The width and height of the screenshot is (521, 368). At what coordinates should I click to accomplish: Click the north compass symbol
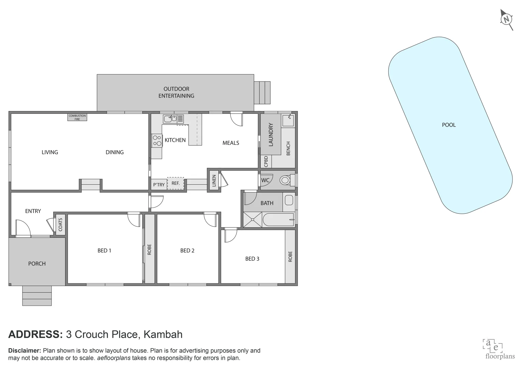pyautogui.click(x=507, y=19)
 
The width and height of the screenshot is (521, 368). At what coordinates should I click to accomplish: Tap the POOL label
pyautogui.click(x=449, y=125)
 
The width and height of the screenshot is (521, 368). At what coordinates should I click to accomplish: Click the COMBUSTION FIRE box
pyautogui.click(x=77, y=117)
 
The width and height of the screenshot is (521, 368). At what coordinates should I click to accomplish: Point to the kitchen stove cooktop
pyautogui.click(x=157, y=141)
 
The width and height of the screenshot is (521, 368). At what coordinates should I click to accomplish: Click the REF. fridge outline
pyautogui.click(x=175, y=183)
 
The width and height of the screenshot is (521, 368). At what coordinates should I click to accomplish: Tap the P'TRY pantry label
pyautogui.click(x=159, y=185)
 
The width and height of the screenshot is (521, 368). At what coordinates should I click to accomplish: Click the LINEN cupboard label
pyautogui.click(x=214, y=181)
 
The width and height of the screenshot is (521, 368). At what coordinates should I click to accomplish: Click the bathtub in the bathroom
pyautogui.click(x=278, y=220)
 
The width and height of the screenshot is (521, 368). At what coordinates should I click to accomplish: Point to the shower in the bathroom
pyautogui.click(x=252, y=220)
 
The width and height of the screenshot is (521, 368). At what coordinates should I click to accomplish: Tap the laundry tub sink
pyautogui.click(x=288, y=120)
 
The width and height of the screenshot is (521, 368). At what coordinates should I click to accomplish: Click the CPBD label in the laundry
pyautogui.click(x=266, y=162)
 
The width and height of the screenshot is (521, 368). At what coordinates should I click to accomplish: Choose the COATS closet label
pyautogui.click(x=60, y=225)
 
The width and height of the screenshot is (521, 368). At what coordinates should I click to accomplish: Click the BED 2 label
pyautogui.click(x=187, y=251)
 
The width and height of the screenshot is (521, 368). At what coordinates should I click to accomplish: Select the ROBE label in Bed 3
pyautogui.click(x=290, y=256)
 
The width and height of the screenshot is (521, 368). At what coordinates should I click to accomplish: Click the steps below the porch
pyautogui.click(x=37, y=295)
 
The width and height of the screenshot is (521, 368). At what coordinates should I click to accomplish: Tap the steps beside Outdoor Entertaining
pyautogui.click(x=262, y=92)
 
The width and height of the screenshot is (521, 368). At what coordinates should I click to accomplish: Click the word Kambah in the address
pyautogui.click(x=163, y=334)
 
